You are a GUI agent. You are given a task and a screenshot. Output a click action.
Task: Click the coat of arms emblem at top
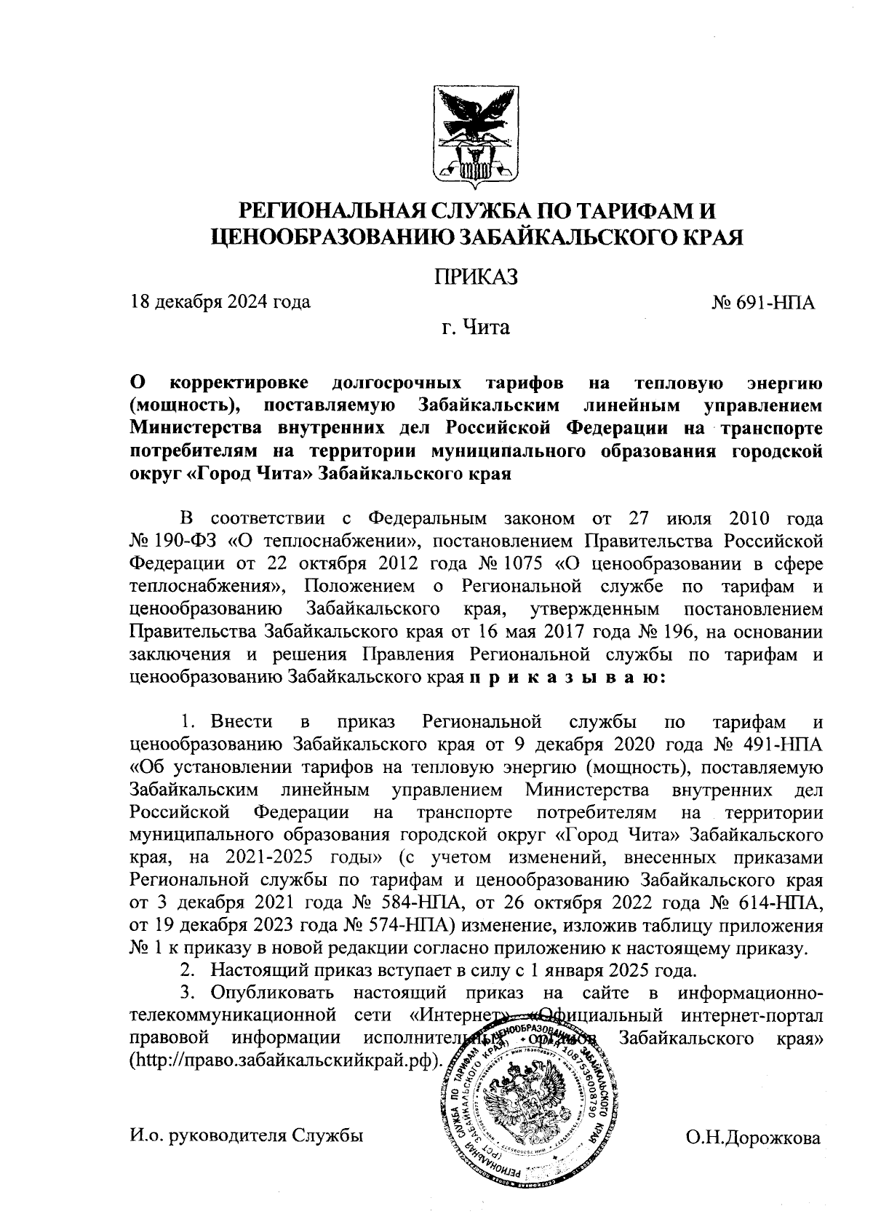(x=476, y=133)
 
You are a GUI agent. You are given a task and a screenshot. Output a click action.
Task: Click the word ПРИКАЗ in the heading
(x=476, y=277)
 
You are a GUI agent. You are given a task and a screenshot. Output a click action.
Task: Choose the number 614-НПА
(x=784, y=903)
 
